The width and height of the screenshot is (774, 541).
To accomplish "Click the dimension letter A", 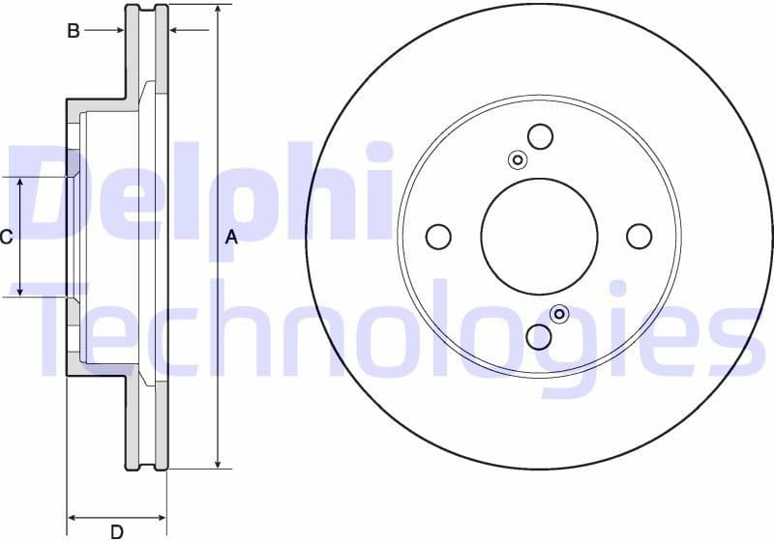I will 231,237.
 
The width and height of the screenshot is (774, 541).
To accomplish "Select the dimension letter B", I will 74,31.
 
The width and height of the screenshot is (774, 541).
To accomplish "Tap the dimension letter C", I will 6,237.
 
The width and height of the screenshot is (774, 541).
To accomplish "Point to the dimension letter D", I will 117,530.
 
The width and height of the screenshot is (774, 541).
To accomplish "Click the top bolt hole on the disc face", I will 540,136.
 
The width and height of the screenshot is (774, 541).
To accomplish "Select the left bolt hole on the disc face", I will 438,236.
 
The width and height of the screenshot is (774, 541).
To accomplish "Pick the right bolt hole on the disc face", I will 640,236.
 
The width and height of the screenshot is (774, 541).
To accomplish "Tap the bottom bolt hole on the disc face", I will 540,336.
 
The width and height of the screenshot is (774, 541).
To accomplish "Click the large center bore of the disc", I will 539,236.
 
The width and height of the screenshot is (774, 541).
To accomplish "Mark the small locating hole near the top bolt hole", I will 518,159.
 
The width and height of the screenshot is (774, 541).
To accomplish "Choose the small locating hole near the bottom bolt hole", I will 559,314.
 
